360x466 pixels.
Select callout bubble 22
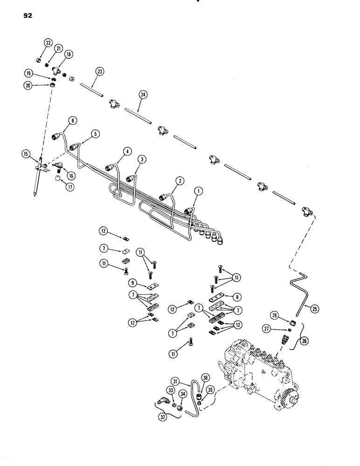coord(48,43)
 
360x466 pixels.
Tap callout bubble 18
coord(69,55)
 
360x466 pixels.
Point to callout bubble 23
coord(100,72)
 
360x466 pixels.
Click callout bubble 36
coord(205,378)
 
